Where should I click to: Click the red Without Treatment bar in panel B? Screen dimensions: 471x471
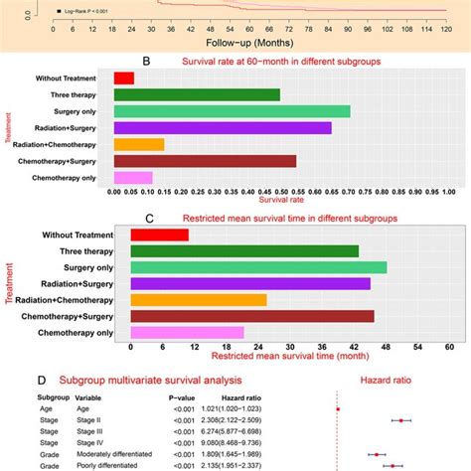(x=123, y=78)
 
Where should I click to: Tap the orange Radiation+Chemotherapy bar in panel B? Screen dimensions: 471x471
(x=138, y=144)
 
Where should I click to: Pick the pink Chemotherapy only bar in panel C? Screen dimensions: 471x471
(x=187, y=332)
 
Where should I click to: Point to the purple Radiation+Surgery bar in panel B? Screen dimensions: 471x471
(x=223, y=127)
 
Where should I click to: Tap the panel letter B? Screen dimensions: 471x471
(x=147, y=61)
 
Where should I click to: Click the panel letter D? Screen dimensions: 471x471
(x=40, y=379)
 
